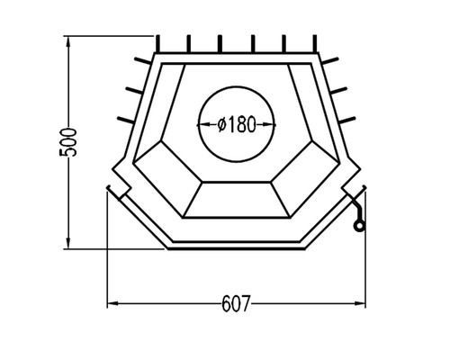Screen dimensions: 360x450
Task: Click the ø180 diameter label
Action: point(231,124)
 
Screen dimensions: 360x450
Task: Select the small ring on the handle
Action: point(359,226)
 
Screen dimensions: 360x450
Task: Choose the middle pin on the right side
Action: point(341,89)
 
